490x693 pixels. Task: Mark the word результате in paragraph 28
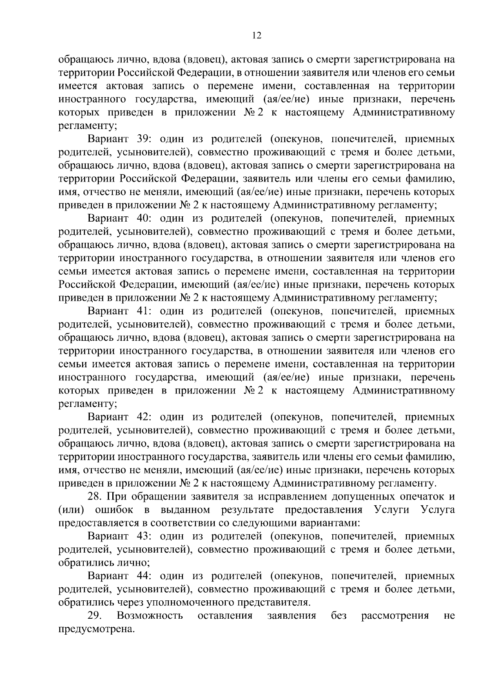tap(247, 510)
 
